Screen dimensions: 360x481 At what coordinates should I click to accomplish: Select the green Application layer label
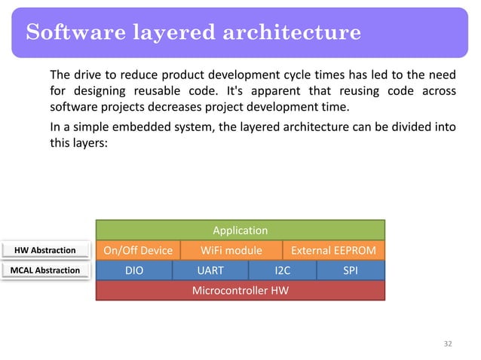pos(240,230)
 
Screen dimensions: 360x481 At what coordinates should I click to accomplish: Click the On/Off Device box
pos(138,250)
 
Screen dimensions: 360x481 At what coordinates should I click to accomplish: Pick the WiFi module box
pos(231,250)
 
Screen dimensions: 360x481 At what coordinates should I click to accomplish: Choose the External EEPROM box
pos(333,250)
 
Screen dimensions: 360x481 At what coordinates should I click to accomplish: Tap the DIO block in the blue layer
pos(135,270)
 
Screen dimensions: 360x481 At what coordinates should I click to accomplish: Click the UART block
pos(210,270)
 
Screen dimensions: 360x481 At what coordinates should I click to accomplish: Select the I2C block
pos(282,270)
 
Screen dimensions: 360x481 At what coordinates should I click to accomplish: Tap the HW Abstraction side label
pos(45,250)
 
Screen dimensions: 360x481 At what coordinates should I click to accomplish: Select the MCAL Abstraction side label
pos(45,270)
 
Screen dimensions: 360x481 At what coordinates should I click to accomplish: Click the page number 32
pos(448,343)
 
